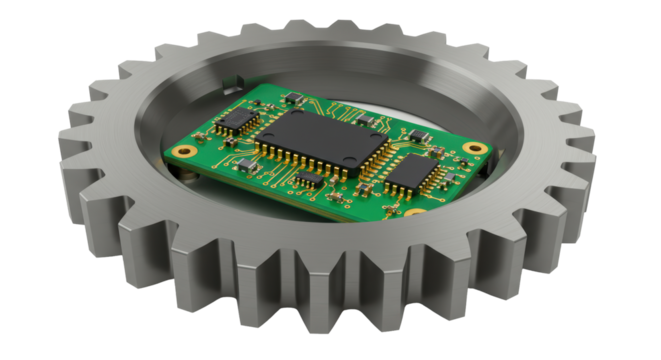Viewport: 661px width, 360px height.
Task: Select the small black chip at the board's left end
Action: click(238, 122)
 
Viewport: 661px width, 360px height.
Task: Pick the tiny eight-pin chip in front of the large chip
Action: click(311, 180)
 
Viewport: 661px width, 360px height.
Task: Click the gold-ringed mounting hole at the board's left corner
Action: click(184, 151)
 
